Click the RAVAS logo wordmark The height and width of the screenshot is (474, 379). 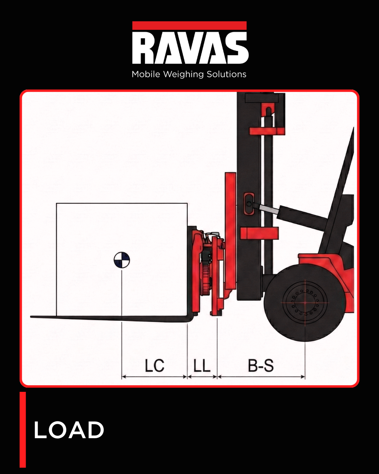190,48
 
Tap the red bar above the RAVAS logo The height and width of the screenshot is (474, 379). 189,26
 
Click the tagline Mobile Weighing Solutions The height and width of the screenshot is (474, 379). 189,74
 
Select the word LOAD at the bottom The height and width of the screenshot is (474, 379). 69,430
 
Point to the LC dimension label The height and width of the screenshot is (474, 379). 154,366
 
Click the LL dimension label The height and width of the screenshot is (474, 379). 202,366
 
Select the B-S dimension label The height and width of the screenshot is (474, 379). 261,366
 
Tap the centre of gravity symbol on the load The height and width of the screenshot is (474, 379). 122,260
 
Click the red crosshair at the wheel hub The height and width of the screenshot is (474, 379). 305,302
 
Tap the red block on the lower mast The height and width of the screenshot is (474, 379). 259,233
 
